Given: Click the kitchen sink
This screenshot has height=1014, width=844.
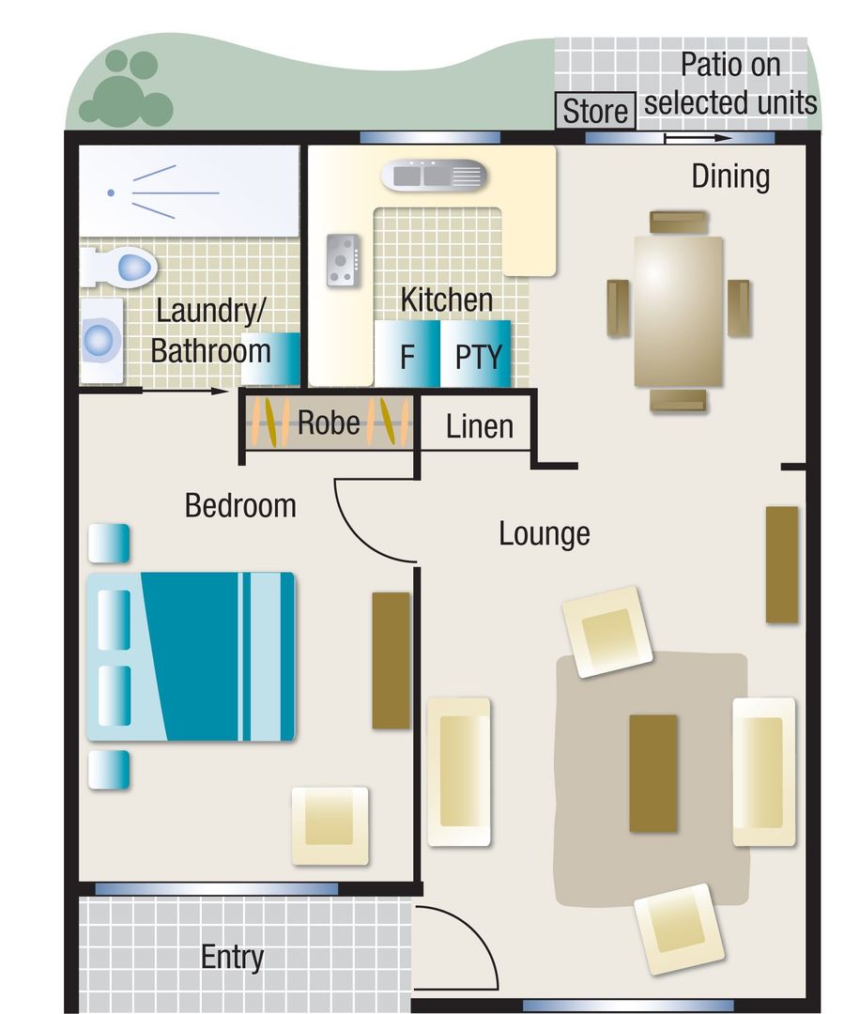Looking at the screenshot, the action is coord(434,175).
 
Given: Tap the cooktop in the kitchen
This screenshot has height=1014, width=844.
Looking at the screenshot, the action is coord(343,260).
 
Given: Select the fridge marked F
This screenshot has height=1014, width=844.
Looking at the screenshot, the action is coord(407,354).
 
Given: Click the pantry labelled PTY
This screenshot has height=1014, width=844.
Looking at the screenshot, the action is coord(476,354).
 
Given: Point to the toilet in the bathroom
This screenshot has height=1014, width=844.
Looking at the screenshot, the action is coord(121,267).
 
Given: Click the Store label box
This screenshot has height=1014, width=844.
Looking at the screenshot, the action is coord(595,111).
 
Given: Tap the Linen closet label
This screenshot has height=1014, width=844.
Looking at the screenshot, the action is coord(479,427).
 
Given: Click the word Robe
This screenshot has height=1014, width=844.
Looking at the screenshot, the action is coord(329,422).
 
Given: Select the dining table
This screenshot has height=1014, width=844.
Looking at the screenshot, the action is coord(678,311).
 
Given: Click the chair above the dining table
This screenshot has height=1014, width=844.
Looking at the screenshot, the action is coord(679,223).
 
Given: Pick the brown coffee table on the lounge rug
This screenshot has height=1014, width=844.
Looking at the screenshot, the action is coord(653,773).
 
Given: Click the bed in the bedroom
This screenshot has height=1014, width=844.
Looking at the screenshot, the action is coord(192,656).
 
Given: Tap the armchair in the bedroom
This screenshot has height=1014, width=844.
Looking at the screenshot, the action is coord(330,825).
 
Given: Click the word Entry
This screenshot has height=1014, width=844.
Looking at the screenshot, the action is coord(232,957).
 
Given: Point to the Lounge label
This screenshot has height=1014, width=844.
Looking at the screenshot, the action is coord(544,534).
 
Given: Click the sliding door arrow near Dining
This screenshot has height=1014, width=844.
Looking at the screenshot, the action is coord(698,137).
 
